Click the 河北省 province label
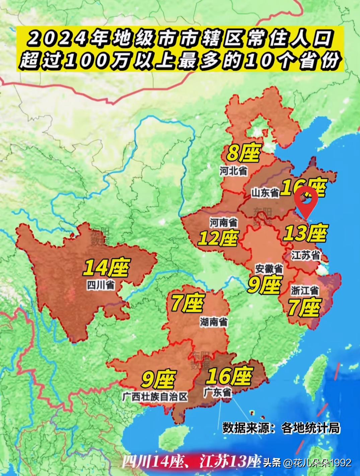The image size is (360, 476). click(x=233, y=171)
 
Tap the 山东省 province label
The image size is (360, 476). click(x=265, y=192)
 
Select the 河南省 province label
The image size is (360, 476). click(x=223, y=222)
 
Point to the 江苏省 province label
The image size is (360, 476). click(x=305, y=255)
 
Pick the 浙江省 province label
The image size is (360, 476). click(x=304, y=290)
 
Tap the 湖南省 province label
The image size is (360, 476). click(x=214, y=322)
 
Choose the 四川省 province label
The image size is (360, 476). click(x=101, y=285)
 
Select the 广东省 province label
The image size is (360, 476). click(x=217, y=392)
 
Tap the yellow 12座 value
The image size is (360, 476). click(x=218, y=238)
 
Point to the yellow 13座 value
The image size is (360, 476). click(x=305, y=233)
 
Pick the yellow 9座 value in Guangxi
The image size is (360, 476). click(x=158, y=379)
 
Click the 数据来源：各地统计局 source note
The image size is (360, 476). click(x=281, y=428)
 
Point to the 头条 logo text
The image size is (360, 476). click(x=272, y=463)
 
